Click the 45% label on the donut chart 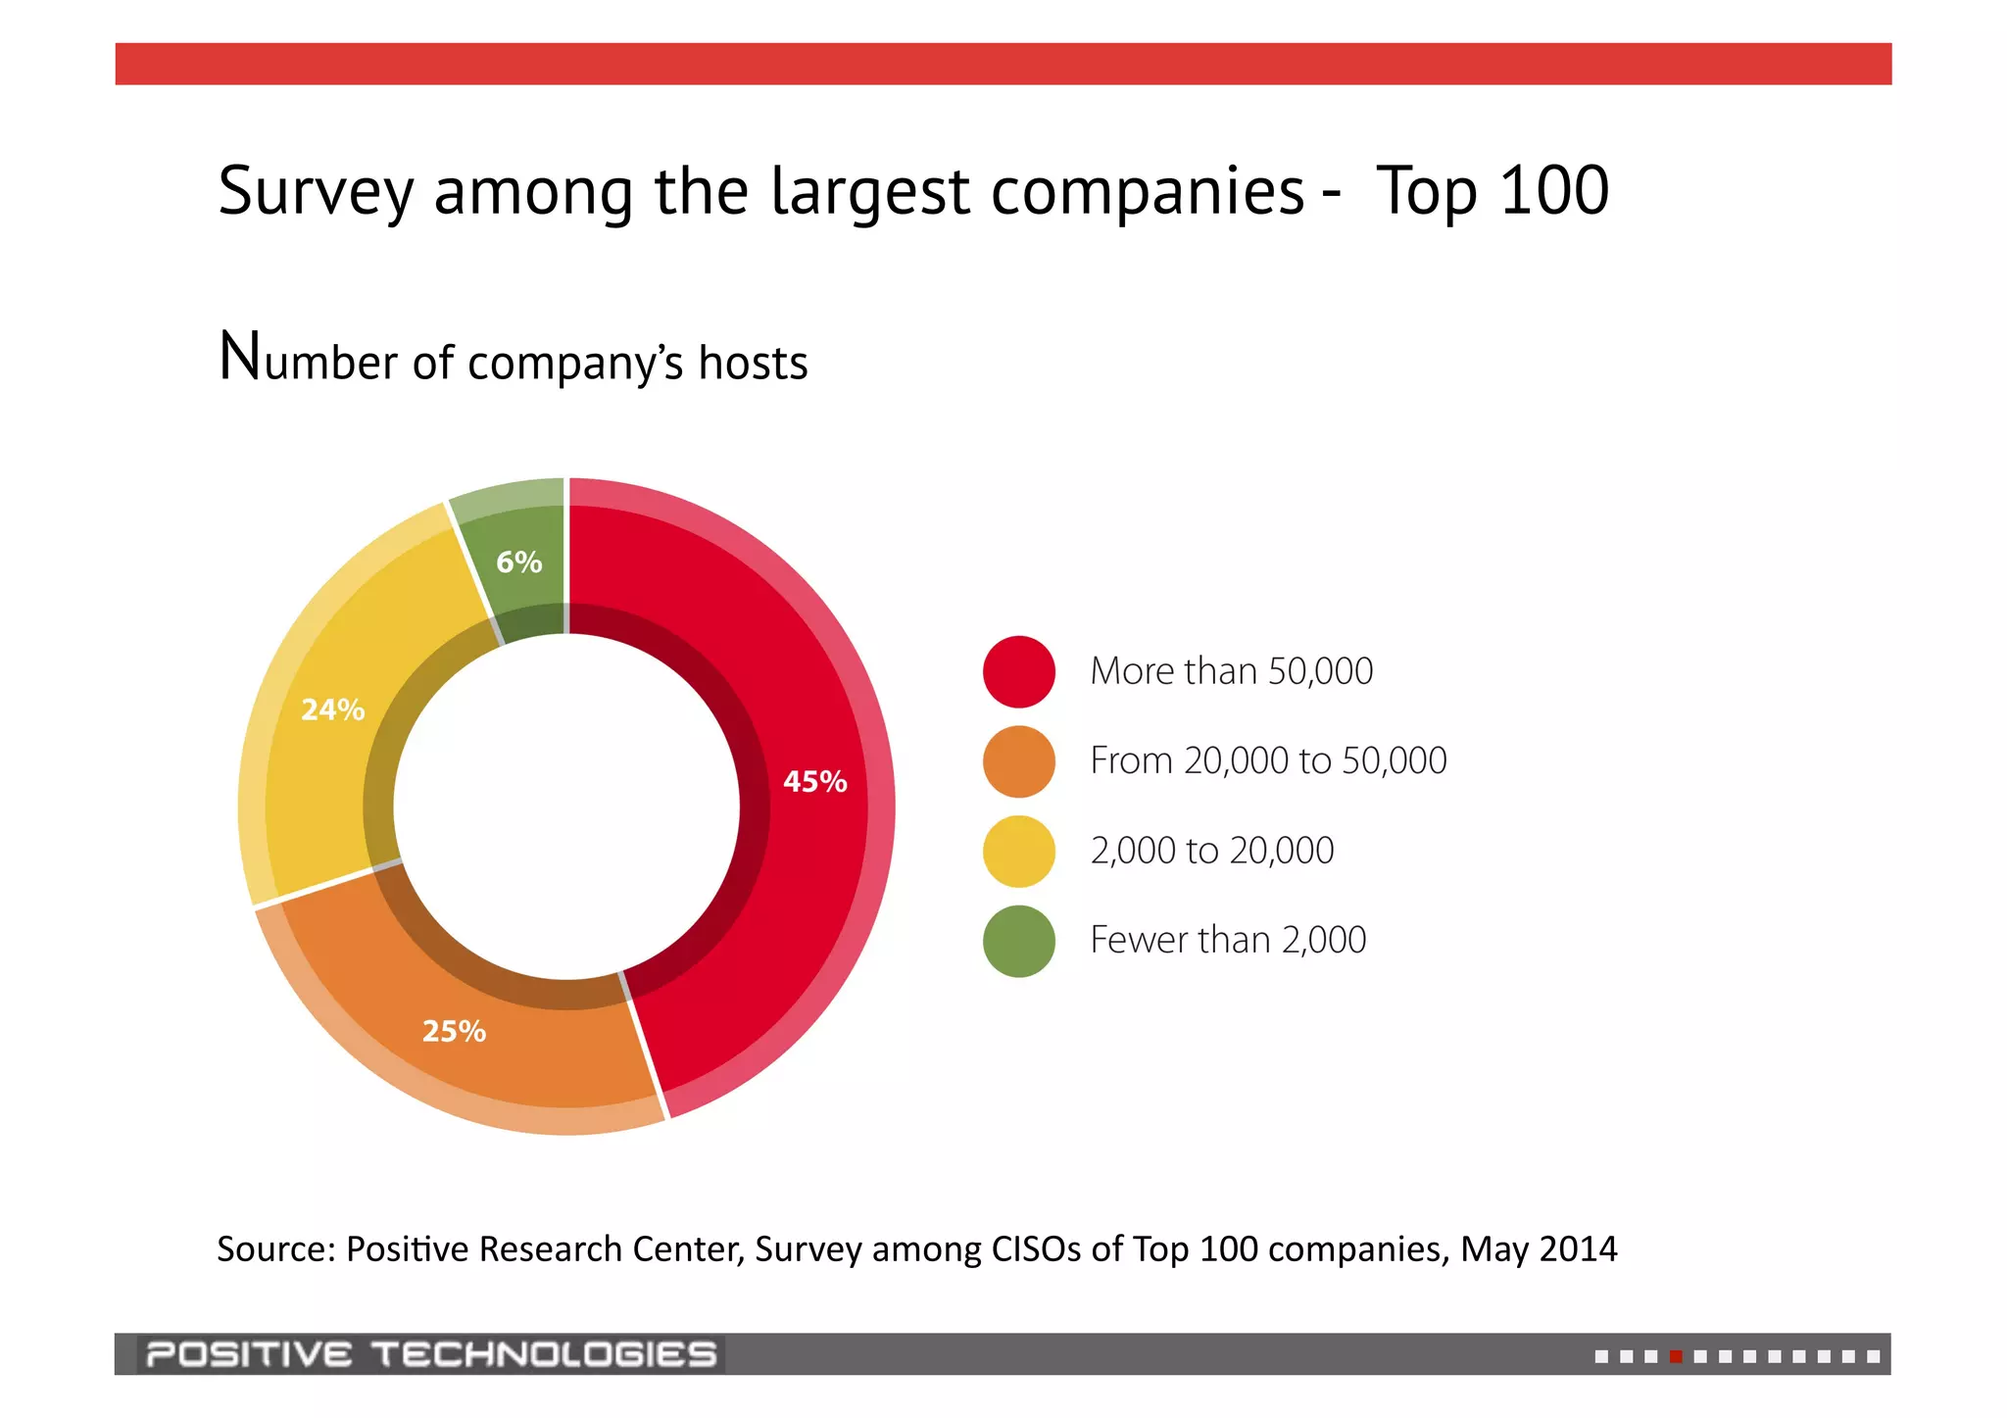[x=814, y=782]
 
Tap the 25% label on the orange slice [x=454, y=1031]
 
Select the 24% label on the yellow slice [x=332, y=709]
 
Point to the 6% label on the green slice [x=518, y=562]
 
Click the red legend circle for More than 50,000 [x=1019, y=672]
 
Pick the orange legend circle [x=1019, y=761]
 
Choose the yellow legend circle [x=1019, y=852]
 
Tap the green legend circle [x=1019, y=941]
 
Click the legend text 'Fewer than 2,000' [x=1228, y=941]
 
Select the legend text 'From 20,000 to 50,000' [x=1268, y=761]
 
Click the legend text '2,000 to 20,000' [x=1212, y=852]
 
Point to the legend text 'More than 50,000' [x=1232, y=672]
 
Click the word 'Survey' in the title [x=316, y=191]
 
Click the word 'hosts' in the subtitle [x=753, y=363]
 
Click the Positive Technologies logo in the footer [x=431, y=1354]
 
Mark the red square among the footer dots [x=1676, y=1357]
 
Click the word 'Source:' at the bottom [x=276, y=1249]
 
